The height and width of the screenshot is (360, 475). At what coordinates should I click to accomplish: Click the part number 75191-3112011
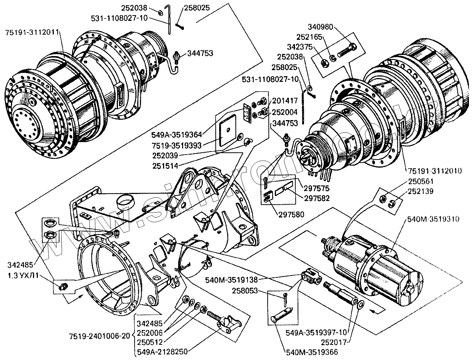coord(32,33)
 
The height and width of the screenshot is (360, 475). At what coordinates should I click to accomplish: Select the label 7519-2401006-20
coord(100,336)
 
